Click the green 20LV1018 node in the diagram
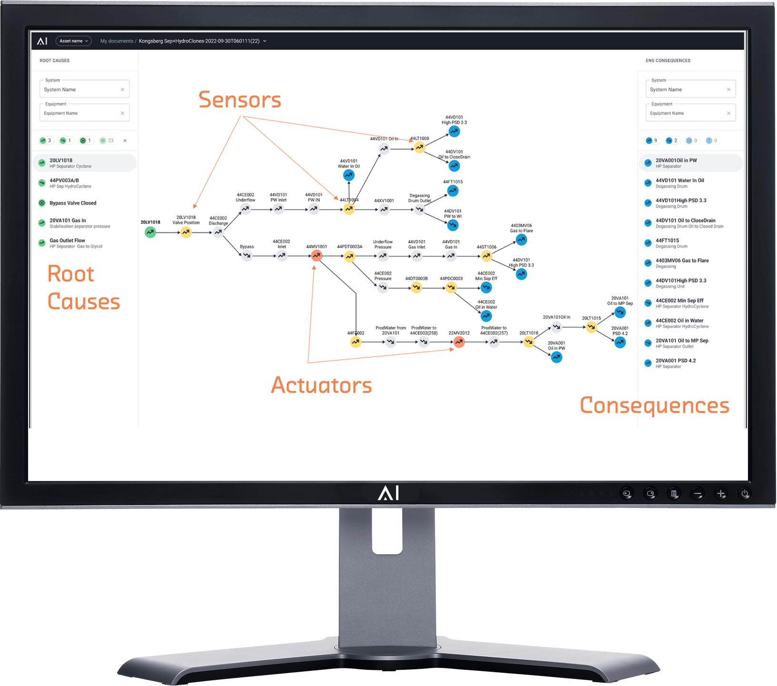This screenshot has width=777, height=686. tap(150, 232)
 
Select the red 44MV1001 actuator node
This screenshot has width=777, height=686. tap(317, 256)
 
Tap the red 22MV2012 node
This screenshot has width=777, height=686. tap(459, 342)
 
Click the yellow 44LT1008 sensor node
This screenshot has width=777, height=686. tap(419, 148)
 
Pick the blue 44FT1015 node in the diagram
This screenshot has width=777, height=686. tap(453, 191)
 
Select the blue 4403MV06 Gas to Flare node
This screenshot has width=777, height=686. tap(522, 240)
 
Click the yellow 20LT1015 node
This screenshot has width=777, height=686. tap(591, 327)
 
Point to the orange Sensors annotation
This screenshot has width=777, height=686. tap(239, 100)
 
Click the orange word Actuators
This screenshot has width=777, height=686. tap(321, 385)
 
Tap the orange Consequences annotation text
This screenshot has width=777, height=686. tap(655, 405)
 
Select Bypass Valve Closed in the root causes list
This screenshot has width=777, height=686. tap(73, 203)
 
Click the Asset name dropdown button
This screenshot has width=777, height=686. tap(73, 41)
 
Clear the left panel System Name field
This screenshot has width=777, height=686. tap(122, 90)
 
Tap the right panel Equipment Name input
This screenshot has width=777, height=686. tap(686, 113)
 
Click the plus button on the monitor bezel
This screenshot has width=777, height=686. tap(721, 494)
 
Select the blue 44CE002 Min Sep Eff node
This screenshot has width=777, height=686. tap(486, 288)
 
